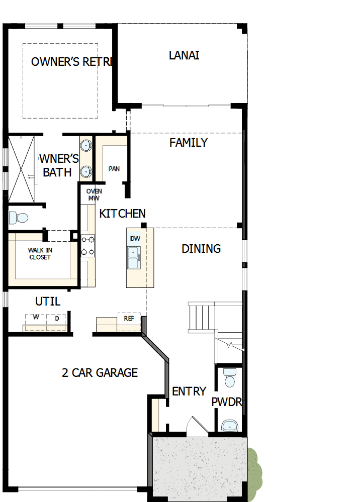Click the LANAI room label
click(184, 55)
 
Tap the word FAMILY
click(189, 143)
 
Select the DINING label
click(201, 249)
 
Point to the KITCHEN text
click(122, 214)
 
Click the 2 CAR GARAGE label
click(100, 373)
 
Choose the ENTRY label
click(189, 391)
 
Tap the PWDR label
click(227, 402)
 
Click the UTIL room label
click(48, 302)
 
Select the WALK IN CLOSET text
click(40, 254)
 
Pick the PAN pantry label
click(114, 169)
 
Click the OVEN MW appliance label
click(94, 195)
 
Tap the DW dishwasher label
click(135, 238)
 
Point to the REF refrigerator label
click(129, 318)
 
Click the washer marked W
click(36, 318)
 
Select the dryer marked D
click(56, 318)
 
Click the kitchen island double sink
click(134, 257)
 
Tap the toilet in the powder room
click(230, 378)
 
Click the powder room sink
click(230, 426)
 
